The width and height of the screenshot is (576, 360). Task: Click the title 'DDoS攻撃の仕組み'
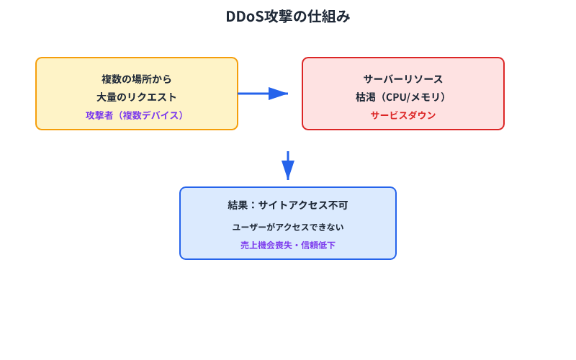coord(288,17)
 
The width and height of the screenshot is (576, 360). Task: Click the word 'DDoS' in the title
coord(243,17)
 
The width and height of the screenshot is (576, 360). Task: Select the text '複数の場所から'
coord(137,78)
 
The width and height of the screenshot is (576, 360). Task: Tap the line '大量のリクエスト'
coord(137,96)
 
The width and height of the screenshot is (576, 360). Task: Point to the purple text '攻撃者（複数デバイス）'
coord(137,114)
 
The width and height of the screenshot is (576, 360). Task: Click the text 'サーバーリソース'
coord(403,78)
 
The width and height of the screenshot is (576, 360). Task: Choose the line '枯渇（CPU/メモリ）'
coord(403,96)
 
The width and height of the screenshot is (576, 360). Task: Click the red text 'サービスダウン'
coord(403,114)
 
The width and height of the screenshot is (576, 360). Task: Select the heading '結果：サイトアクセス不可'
coord(288,205)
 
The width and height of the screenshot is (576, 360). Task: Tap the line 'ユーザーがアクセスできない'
coord(288,227)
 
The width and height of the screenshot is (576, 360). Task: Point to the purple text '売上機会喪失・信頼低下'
coord(288,245)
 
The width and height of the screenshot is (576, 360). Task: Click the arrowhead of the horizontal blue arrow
coord(279,94)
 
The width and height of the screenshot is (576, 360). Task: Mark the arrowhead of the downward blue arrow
coord(288,170)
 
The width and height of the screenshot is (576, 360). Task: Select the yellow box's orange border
coord(37,94)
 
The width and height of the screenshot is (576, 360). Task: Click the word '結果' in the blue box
coord(237,205)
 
